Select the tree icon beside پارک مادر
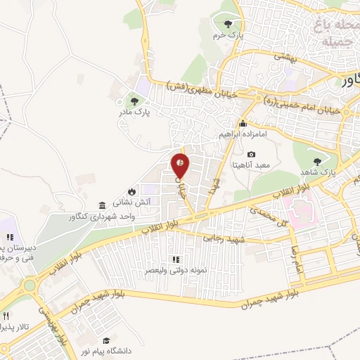[134, 101]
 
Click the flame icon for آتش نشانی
[131, 191]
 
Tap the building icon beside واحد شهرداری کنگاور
[103, 205]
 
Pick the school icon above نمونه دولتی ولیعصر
[175, 259]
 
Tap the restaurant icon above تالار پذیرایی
[6, 316]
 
